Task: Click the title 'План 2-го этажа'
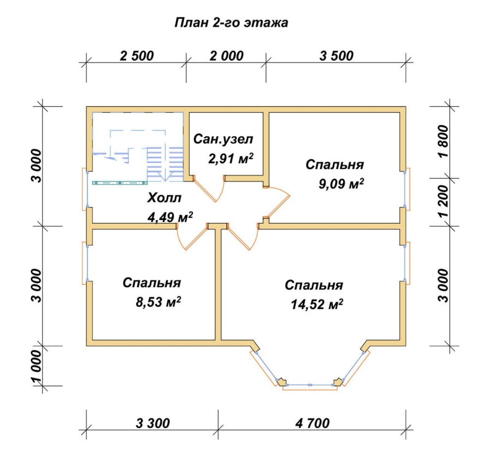(x=231, y=23)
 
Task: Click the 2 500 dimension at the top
(x=137, y=56)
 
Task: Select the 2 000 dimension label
(x=226, y=56)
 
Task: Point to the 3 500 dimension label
(x=336, y=56)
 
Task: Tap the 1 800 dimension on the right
(x=444, y=141)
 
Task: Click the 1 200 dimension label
(x=444, y=201)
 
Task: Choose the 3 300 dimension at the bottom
(x=153, y=423)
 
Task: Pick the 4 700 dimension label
(x=313, y=423)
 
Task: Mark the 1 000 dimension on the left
(x=37, y=366)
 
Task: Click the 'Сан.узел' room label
(x=223, y=139)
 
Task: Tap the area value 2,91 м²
(x=231, y=159)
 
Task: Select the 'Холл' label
(x=165, y=198)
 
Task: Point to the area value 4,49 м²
(x=170, y=217)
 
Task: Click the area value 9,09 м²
(x=341, y=184)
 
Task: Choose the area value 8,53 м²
(x=158, y=302)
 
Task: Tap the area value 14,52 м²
(x=317, y=304)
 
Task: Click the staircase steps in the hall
(x=165, y=164)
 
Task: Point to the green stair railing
(x=120, y=183)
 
